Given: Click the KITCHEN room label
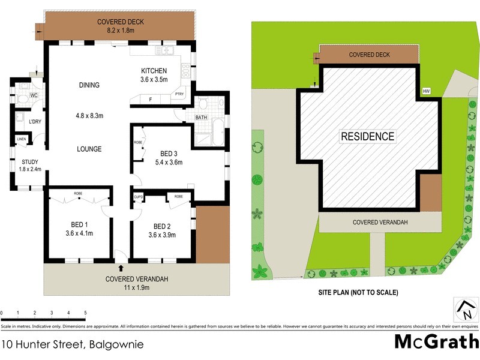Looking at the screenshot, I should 154,70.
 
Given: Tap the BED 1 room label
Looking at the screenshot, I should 78,226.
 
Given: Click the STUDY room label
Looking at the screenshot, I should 30,161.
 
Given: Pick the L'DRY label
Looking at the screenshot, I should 35,122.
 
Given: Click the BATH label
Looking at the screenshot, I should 201,118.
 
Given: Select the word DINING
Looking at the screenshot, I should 89,85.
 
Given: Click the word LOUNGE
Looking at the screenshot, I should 89,149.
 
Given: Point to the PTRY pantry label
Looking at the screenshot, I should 179,94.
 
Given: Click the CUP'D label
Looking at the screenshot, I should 138,196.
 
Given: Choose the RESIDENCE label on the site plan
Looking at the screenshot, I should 368,136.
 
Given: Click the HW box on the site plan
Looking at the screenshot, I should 427,91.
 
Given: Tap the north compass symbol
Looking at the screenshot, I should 466,310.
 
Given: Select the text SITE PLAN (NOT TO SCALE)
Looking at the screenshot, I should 358,293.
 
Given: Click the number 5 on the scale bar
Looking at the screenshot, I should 85,313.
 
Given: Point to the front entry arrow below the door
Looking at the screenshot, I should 121,268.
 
